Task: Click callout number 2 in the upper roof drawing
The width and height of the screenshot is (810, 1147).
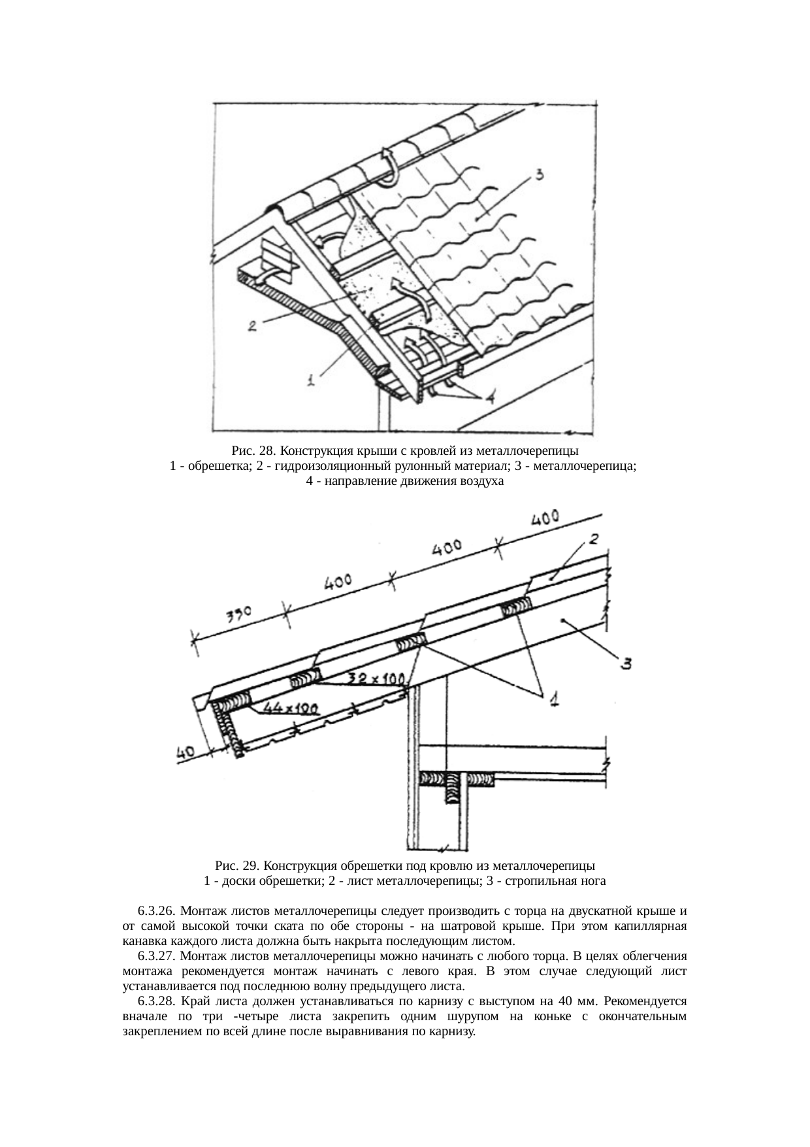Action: coord(252,325)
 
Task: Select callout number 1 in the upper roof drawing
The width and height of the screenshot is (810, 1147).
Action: coord(312,378)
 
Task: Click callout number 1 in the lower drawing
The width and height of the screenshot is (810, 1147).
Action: coord(553,700)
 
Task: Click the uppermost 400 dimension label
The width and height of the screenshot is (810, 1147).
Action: coord(544,520)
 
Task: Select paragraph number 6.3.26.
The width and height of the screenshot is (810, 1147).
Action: coord(157,910)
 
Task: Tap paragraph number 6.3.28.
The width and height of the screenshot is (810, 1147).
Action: coord(157,1001)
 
